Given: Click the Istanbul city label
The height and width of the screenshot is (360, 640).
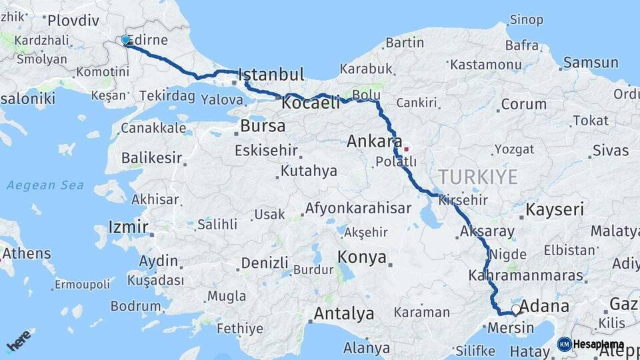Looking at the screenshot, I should click(x=271, y=74).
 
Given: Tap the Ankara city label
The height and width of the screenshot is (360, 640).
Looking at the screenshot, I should click(x=374, y=141).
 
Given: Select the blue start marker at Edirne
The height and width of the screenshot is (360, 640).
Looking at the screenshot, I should click(x=125, y=41).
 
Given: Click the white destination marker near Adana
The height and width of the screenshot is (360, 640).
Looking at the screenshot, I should click(x=515, y=310).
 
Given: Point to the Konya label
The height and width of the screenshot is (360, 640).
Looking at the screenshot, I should click(x=362, y=257).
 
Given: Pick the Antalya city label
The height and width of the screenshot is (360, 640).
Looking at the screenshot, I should click(x=344, y=313).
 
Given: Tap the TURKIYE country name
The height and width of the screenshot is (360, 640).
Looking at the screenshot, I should click(x=477, y=177).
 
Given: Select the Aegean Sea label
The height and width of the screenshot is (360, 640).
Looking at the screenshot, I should click(x=45, y=185).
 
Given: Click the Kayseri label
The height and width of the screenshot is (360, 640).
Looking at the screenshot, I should click(x=555, y=209).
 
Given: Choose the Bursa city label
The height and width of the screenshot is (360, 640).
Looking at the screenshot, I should click(x=263, y=125).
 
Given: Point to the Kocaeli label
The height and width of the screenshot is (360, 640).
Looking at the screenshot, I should click(x=311, y=103).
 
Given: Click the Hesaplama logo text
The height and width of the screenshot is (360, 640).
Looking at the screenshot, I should click(x=599, y=344).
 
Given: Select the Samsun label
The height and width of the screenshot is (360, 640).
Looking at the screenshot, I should click(x=591, y=63).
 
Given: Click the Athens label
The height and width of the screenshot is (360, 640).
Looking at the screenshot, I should click(x=27, y=253).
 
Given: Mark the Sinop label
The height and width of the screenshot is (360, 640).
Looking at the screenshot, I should click(x=527, y=19).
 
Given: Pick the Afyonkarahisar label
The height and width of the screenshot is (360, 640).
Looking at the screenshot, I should click(x=358, y=208).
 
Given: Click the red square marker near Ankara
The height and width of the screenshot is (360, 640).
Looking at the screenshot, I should click(x=406, y=149).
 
